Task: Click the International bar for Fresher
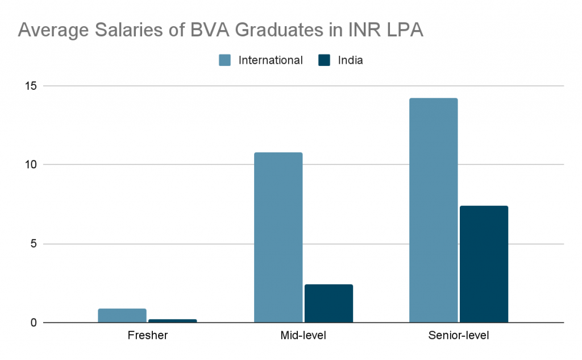pyautogui.click(x=122, y=316)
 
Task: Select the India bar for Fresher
pyautogui.click(x=172, y=321)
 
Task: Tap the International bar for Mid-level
pyautogui.click(x=278, y=237)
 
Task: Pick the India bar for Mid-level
pyautogui.click(x=329, y=303)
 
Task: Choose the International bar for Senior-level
pyautogui.click(x=434, y=210)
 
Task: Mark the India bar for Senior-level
pyautogui.click(x=484, y=264)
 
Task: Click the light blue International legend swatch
pyautogui.click(x=225, y=60)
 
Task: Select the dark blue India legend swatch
pyautogui.click(x=325, y=60)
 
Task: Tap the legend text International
pyautogui.click(x=271, y=60)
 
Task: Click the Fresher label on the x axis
pyautogui.click(x=147, y=336)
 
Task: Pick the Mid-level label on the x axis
pyautogui.click(x=304, y=336)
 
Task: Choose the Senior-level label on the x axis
pyautogui.click(x=458, y=336)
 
